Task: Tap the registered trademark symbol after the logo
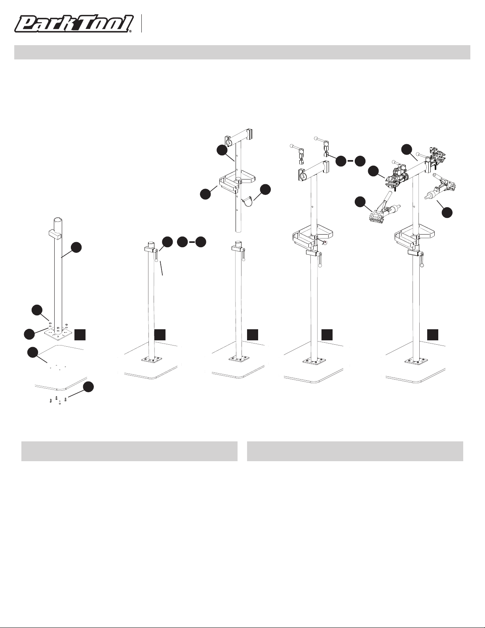(131, 31)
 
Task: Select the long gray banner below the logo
(242, 52)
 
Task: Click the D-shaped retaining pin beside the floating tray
(247, 201)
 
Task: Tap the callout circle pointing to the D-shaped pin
(265, 189)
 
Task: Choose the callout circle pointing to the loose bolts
(88, 387)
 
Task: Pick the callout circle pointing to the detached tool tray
(205, 194)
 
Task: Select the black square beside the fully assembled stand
(433, 335)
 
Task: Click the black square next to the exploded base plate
(80, 335)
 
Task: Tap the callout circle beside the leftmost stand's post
(76, 248)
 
